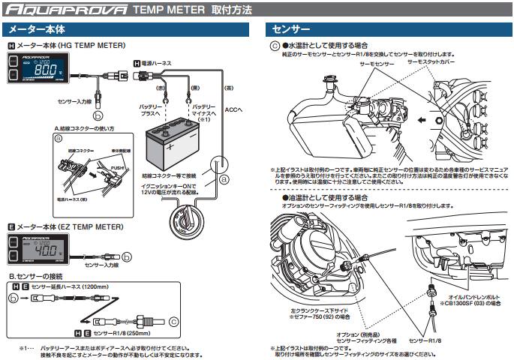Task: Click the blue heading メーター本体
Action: pyautogui.click(x=36, y=30)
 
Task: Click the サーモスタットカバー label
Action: pyautogui.click(x=431, y=65)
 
